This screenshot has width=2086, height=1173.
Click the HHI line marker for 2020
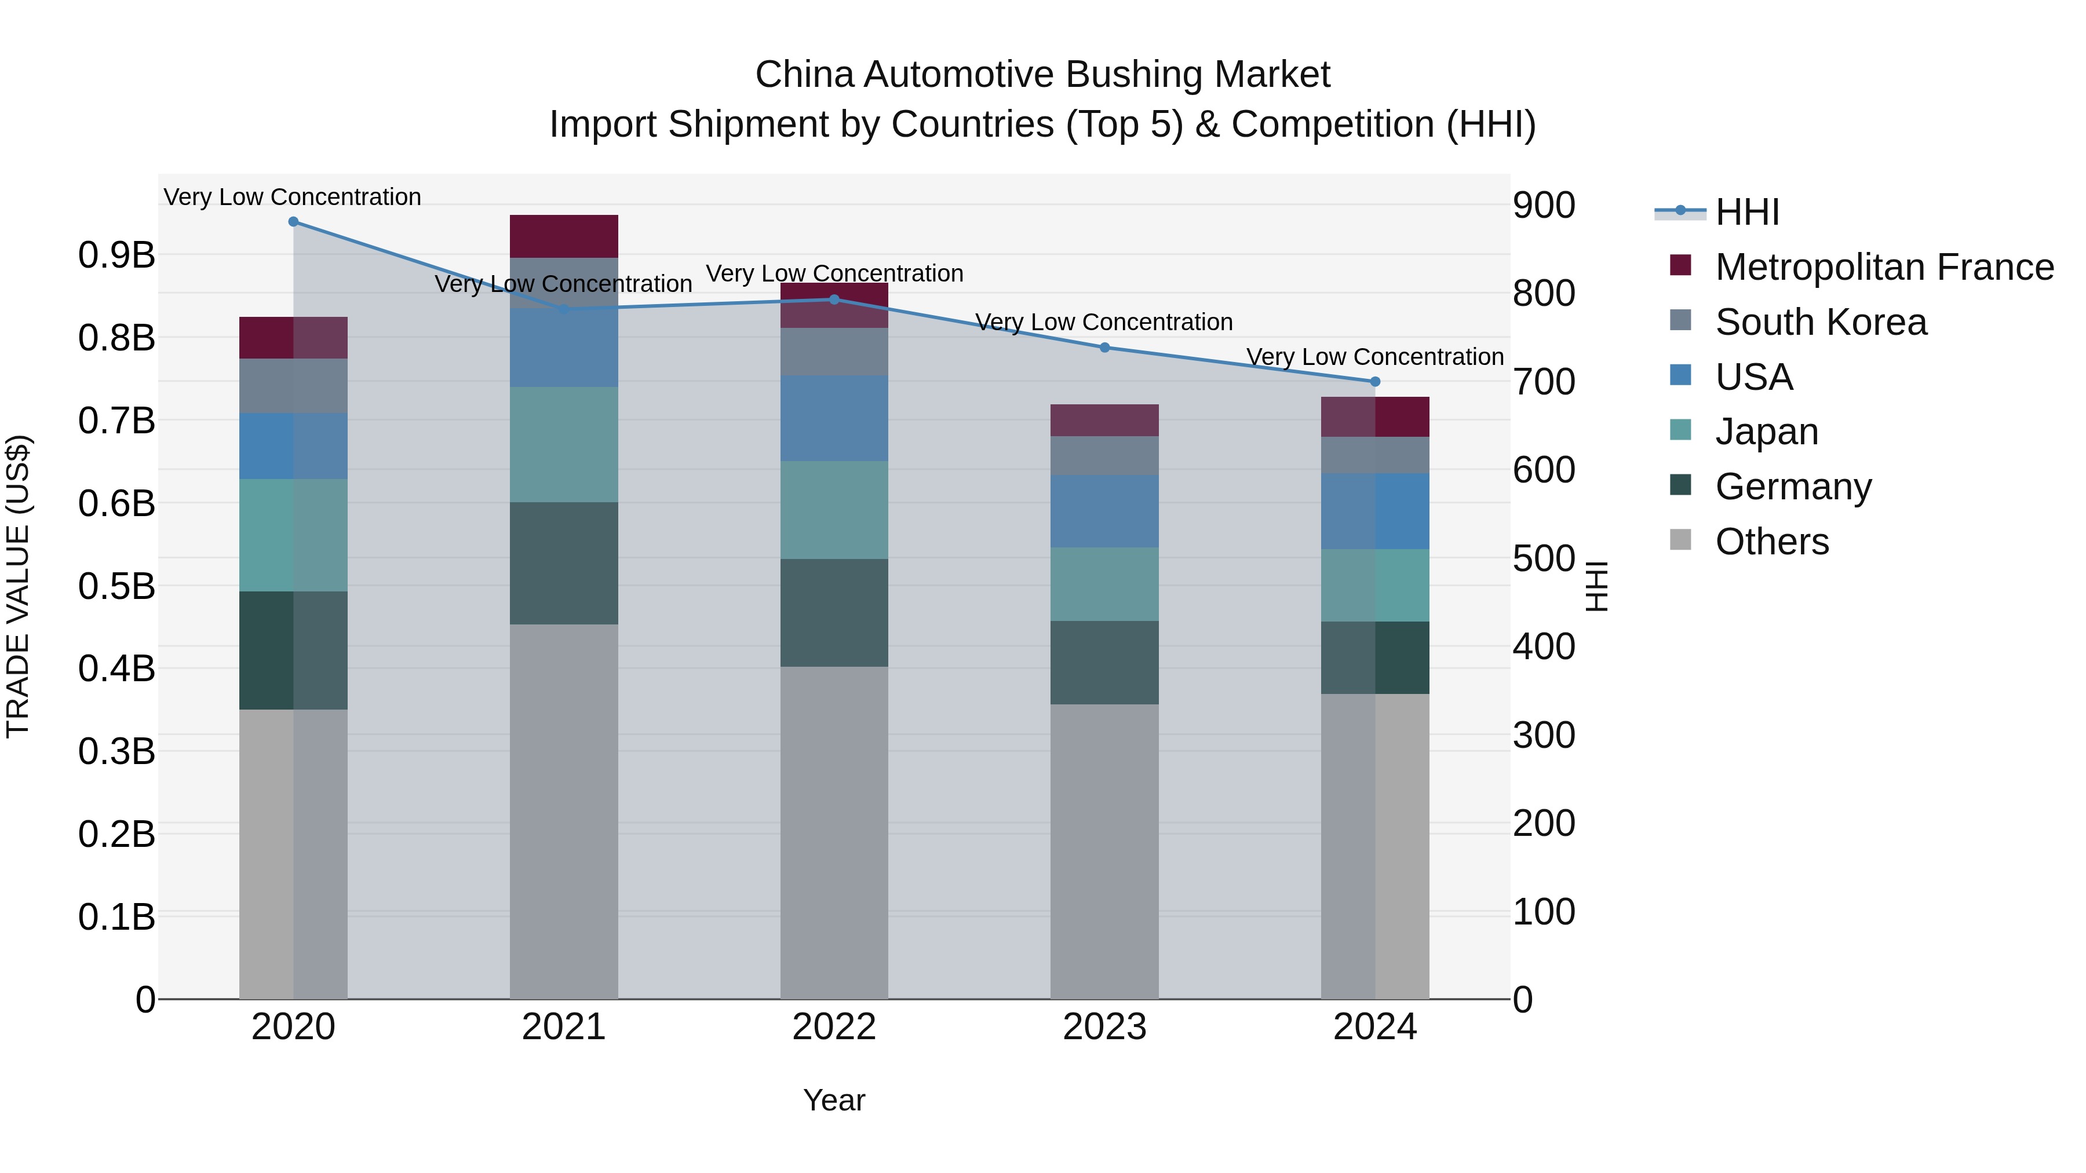pyautogui.click(x=293, y=222)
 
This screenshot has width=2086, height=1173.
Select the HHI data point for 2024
pyautogui.click(x=1375, y=381)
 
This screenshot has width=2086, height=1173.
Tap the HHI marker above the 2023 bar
pyautogui.click(x=1104, y=348)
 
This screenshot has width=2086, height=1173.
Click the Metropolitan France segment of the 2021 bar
pyautogui.click(x=564, y=236)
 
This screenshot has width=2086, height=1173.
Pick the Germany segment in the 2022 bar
pyautogui.click(x=834, y=613)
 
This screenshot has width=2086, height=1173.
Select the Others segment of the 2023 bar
pyautogui.click(x=1104, y=850)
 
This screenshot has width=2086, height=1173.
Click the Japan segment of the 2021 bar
pyautogui.click(x=564, y=444)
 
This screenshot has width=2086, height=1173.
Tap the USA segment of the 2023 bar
pyautogui.click(x=1104, y=511)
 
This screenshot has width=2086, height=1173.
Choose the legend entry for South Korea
pyautogui.click(x=1821, y=322)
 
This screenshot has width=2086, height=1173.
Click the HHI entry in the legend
pyautogui.click(x=1746, y=212)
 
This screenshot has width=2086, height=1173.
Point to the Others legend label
pyautogui.click(x=1772, y=542)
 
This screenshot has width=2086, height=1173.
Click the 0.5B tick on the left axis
pyautogui.click(x=116, y=586)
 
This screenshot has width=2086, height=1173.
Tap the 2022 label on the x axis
pyautogui.click(x=834, y=1027)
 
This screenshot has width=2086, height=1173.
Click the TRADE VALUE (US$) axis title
pyautogui.click(x=18, y=586)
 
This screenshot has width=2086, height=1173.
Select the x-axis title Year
pyautogui.click(x=834, y=1100)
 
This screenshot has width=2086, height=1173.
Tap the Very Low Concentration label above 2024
pyautogui.click(x=1374, y=356)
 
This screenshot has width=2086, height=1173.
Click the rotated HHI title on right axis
pyautogui.click(x=1596, y=586)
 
